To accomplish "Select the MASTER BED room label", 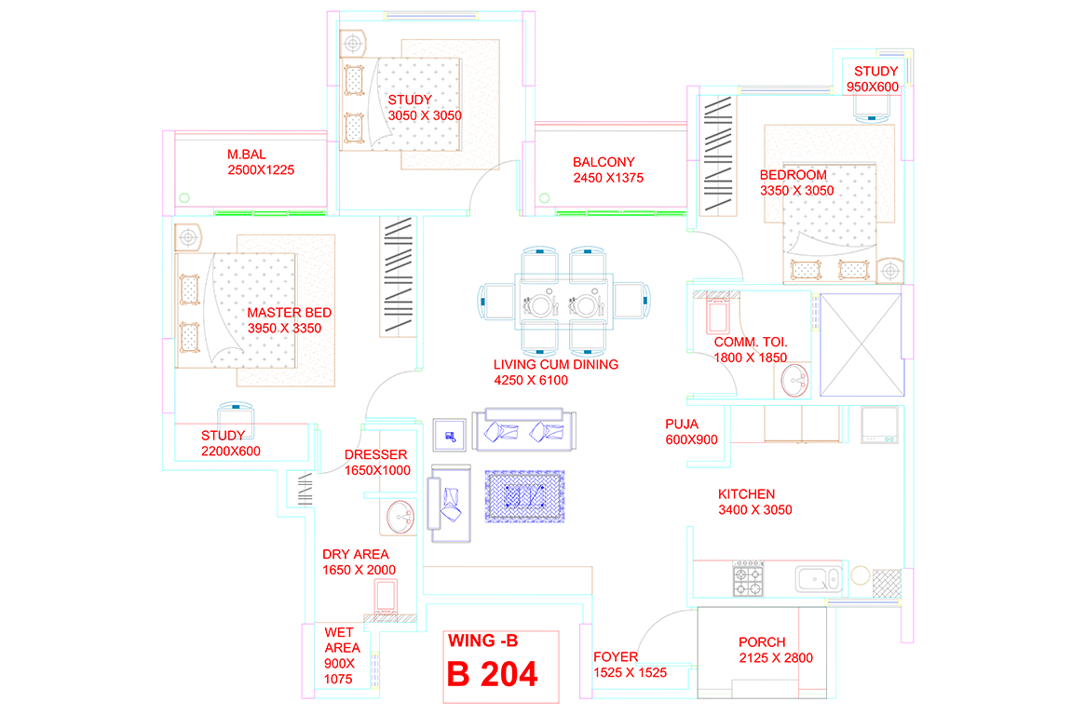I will (x=289, y=313).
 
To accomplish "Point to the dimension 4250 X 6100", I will (x=530, y=380).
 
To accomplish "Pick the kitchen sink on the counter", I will (x=821, y=579).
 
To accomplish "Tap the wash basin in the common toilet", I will (x=794, y=379).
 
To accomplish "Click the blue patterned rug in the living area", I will (x=523, y=495).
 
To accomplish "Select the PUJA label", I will (x=682, y=424).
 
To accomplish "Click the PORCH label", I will (x=762, y=642).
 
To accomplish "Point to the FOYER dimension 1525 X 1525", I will (x=631, y=672).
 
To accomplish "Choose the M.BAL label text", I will (x=247, y=155).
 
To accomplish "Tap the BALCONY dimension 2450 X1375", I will (x=608, y=178).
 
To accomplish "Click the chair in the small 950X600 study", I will (x=874, y=109).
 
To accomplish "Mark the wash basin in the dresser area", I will (x=400, y=518).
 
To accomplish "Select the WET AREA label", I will (x=339, y=640).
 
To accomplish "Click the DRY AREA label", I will (x=355, y=554).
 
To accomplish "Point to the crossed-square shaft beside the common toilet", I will (x=861, y=344).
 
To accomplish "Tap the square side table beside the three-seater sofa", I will (x=451, y=434).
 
